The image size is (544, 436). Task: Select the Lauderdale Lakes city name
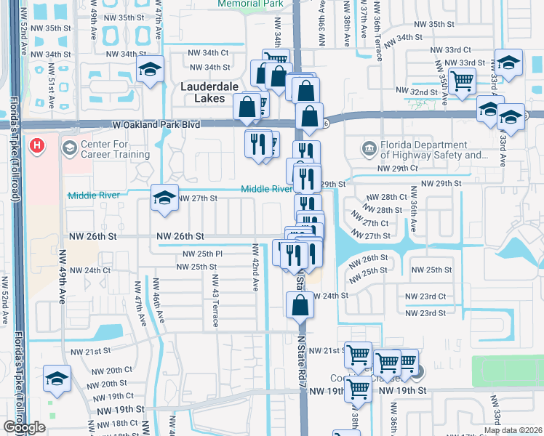point(209,92)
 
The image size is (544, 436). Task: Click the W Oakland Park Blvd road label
point(156,125)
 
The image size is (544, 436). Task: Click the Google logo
point(24,427)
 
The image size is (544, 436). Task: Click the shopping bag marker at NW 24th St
point(300,305)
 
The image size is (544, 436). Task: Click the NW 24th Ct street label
point(91,270)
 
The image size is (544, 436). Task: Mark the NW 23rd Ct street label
point(442,296)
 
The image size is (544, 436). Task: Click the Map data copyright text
point(513,430)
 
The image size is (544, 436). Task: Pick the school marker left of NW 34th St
point(151,70)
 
